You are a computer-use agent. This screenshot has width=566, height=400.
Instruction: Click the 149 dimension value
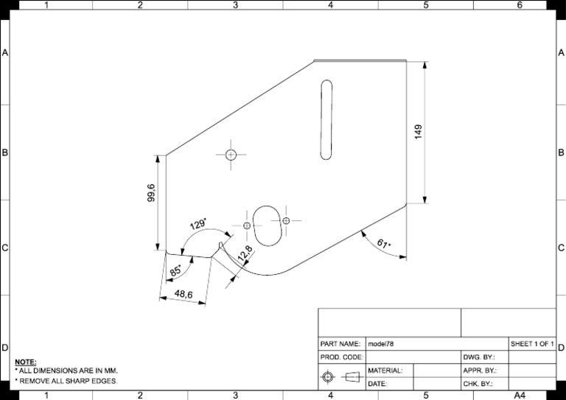(x=419, y=132)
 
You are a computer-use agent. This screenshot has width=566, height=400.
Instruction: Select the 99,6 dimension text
(x=151, y=193)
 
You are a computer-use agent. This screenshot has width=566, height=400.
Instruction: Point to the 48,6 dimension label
(x=183, y=295)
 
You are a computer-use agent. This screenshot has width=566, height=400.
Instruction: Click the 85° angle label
(x=175, y=271)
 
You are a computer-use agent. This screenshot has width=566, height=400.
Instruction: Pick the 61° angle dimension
(x=383, y=244)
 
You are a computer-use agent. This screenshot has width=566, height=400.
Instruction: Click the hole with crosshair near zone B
(x=231, y=155)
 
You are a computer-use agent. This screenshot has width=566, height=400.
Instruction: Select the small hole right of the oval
(x=286, y=220)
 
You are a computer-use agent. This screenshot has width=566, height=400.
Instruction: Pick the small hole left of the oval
(x=247, y=224)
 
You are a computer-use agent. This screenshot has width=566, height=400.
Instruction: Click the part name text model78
(x=382, y=344)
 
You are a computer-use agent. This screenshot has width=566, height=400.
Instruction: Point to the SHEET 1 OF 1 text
(x=531, y=344)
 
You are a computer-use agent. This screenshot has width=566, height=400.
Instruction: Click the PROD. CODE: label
(x=341, y=357)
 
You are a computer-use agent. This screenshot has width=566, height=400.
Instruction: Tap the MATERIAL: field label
(x=385, y=371)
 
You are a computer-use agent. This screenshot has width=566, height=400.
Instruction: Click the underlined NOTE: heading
(x=25, y=362)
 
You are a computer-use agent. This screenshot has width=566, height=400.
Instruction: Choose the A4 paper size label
(x=520, y=396)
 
